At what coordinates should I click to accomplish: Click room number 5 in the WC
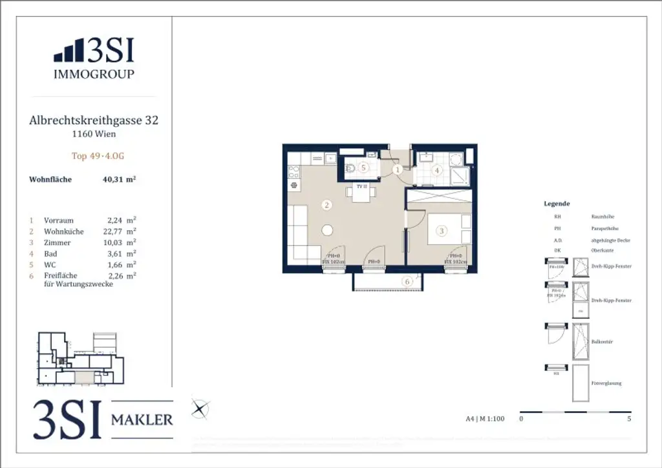point(363,168)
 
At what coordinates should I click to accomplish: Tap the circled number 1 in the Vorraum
point(398,169)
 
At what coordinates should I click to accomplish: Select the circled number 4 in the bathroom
point(437,171)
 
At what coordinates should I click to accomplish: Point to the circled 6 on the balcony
point(407,281)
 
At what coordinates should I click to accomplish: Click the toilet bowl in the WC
point(349,169)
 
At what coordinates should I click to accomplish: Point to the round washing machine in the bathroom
point(456,159)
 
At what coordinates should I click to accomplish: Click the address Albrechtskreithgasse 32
point(94,120)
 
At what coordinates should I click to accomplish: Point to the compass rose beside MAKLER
point(200,409)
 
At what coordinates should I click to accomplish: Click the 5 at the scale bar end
point(629,419)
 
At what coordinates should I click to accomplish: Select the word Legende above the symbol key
point(557,204)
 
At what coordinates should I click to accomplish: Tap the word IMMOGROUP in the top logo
point(94,74)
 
